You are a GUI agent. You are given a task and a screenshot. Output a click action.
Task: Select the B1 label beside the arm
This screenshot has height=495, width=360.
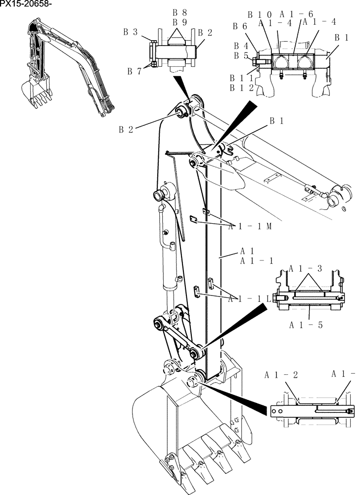pos(277,121)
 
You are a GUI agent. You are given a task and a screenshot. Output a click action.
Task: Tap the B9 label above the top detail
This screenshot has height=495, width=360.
pos(180,22)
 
